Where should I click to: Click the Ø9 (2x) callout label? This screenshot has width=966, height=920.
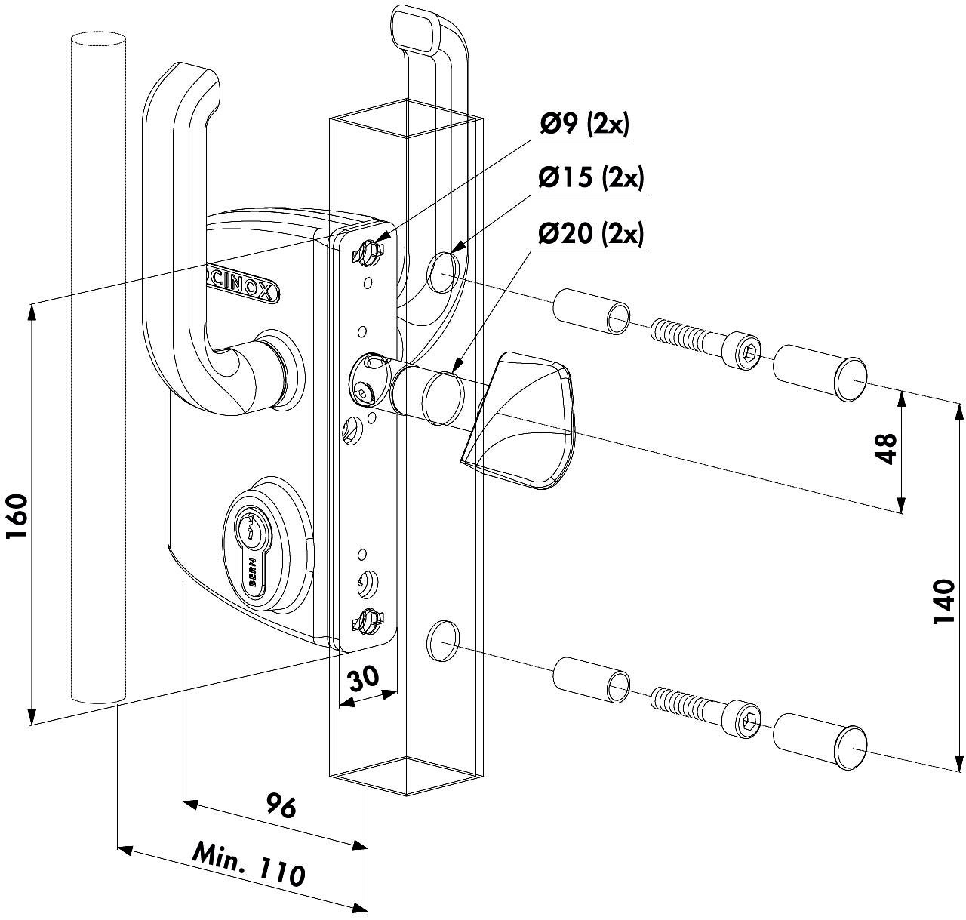[583, 125]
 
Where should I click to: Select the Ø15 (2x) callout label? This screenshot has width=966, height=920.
[591, 180]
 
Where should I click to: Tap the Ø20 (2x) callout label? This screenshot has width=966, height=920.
[591, 235]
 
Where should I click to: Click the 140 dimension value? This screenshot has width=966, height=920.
[944, 601]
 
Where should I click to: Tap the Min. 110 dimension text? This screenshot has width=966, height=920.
[249, 864]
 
